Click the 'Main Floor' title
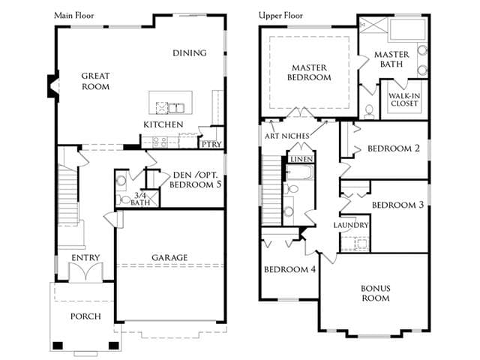(x=74, y=15)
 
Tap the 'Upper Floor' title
(x=280, y=15)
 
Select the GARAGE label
(x=169, y=258)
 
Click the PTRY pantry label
(x=211, y=144)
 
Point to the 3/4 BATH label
(x=140, y=199)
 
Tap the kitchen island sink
(x=176, y=108)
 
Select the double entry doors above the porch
(x=85, y=271)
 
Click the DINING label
(x=190, y=53)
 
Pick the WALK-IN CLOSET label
(x=404, y=100)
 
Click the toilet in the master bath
(x=369, y=112)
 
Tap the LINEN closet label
(x=301, y=159)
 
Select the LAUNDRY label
(x=351, y=225)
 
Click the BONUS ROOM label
(x=376, y=293)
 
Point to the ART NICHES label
(x=287, y=136)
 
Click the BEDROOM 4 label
(x=290, y=269)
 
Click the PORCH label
(x=85, y=316)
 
